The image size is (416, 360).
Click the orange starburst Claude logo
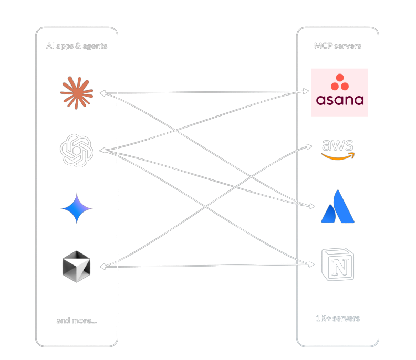click(x=77, y=93)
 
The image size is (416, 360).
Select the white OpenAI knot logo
click(x=77, y=150)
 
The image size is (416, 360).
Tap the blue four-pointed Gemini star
click(x=77, y=208)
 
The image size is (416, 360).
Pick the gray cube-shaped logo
click(x=77, y=267)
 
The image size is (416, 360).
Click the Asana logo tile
click(x=339, y=92)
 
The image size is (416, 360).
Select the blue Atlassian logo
click(x=338, y=207)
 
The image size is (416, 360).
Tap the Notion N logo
click(x=338, y=265)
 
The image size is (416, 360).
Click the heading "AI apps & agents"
click(x=77, y=46)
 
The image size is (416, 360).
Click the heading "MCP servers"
click(x=338, y=46)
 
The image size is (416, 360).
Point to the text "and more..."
click(x=77, y=320)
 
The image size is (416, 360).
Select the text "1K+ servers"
click(x=338, y=318)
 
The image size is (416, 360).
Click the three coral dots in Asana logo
click(x=339, y=82)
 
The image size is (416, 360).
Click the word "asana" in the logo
click(x=339, y=100)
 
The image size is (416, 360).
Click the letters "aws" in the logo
click(x=338, y=145)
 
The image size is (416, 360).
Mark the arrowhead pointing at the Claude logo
click(x=102, y=93)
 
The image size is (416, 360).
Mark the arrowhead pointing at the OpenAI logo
click(x=102, y=151)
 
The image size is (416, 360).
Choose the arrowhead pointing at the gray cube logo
click(x=102, y=267)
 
